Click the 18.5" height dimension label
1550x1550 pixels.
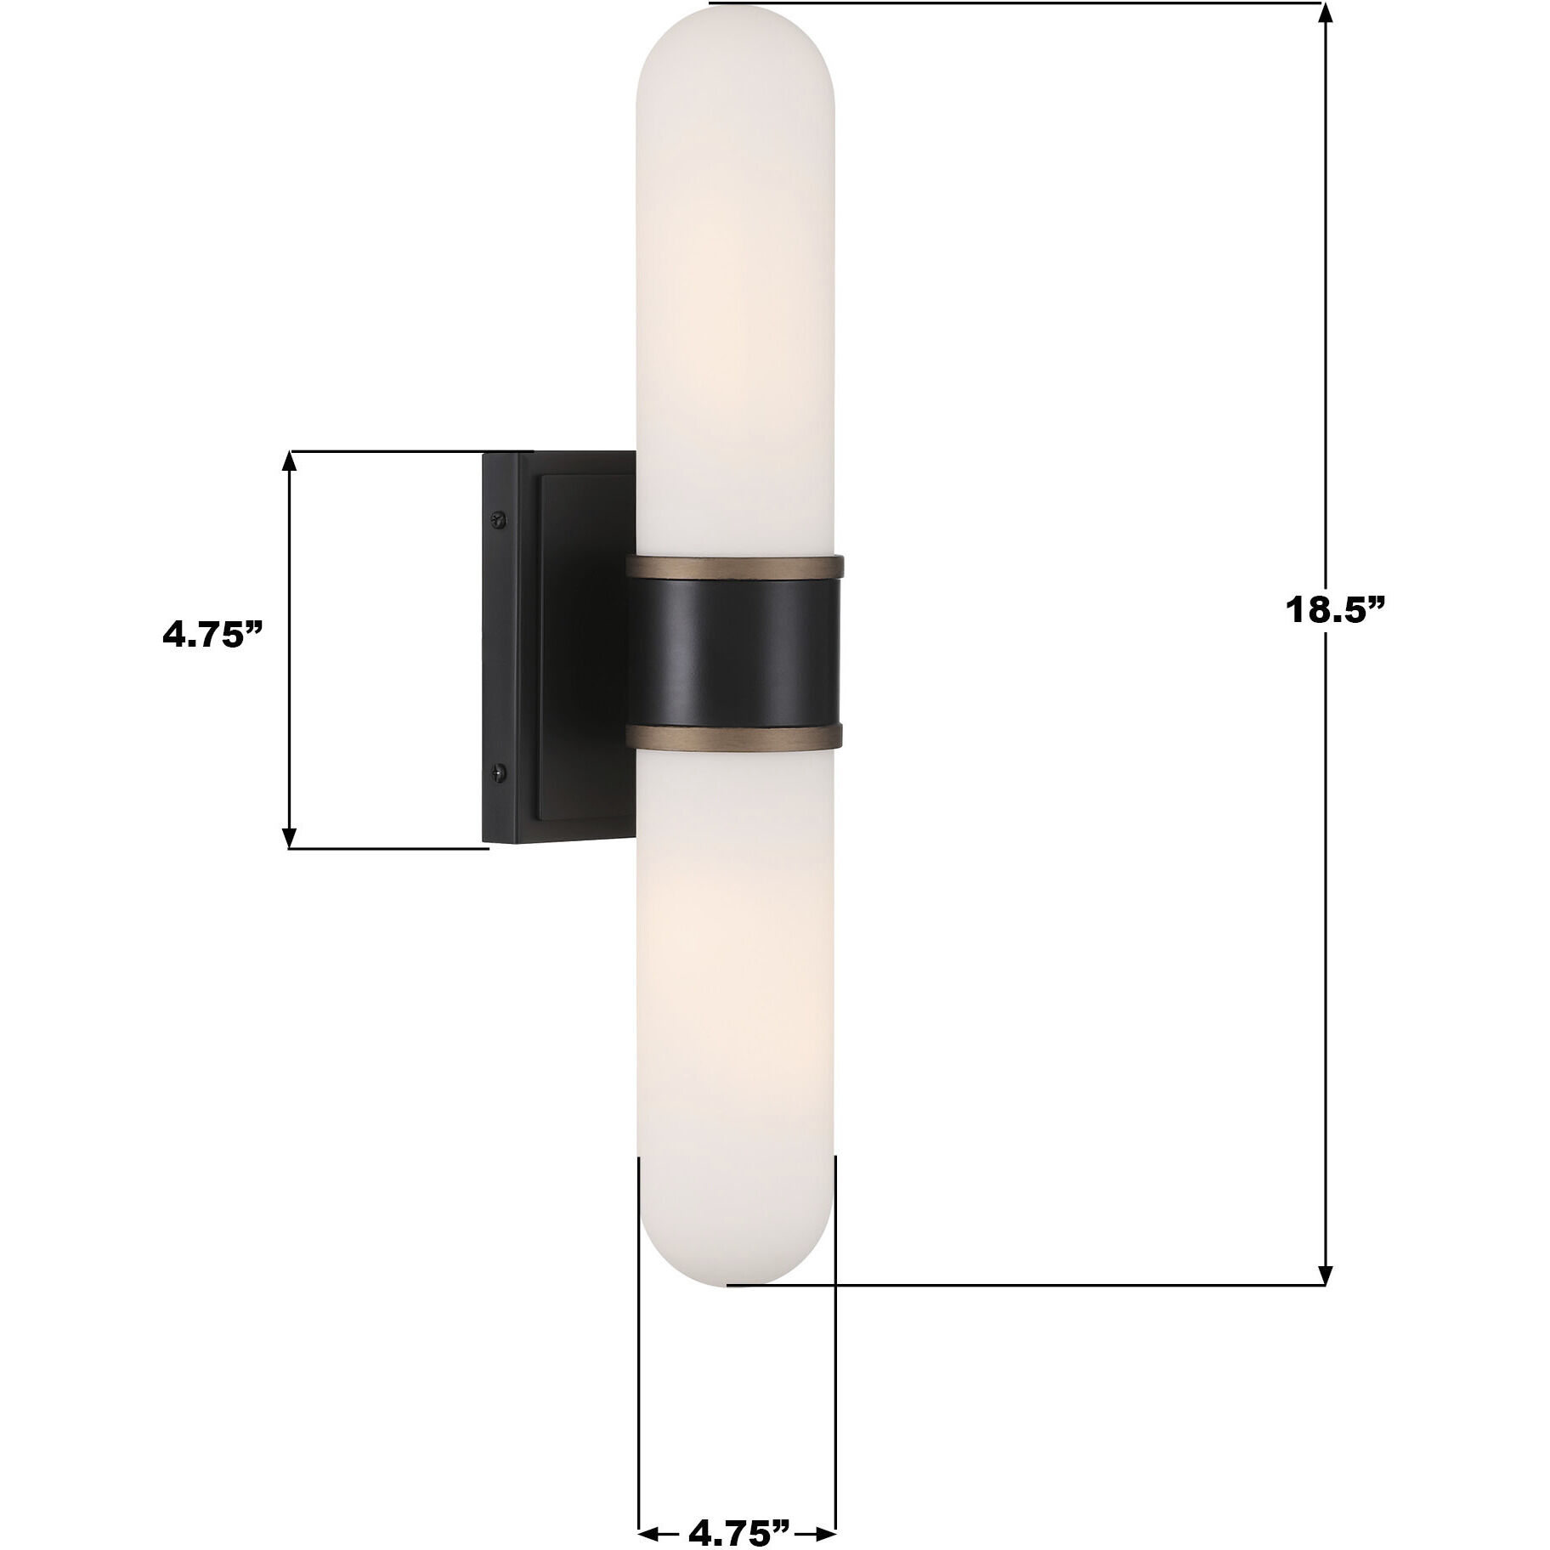[x=1335, y=610]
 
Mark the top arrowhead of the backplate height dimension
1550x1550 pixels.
[x=290, y=462]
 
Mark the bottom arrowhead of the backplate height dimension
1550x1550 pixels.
[x=290, y=836]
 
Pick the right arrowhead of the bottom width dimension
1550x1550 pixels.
[x=825, y=1510]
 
